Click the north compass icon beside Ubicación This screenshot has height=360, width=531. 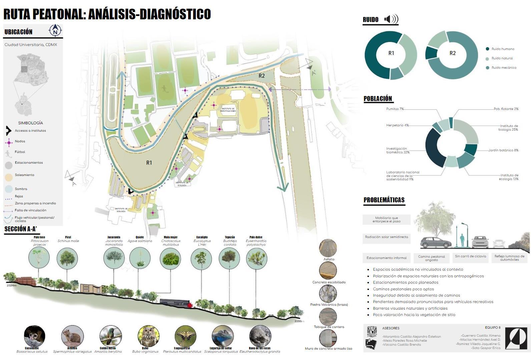[x=55, y=31]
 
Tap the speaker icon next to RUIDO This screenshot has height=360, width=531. [x=391, y=19]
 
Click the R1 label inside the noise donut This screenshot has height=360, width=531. [x=391, y=53]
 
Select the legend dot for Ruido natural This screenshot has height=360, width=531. [x=488, y=59]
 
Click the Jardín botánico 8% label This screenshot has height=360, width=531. [x=503, y=150]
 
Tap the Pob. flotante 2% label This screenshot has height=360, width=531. [x=506, y=109]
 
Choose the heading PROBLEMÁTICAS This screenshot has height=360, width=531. [x=384, y=200]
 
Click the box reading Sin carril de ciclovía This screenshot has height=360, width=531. [x=470, y=256]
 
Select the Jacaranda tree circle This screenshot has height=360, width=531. [x=114, y=258]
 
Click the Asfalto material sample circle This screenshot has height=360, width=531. [x=328, y=248]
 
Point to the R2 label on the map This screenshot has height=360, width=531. [x=261, y=76]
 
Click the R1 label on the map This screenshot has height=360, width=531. [x=149, y=163]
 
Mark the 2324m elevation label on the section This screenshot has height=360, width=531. [x=12, y=285]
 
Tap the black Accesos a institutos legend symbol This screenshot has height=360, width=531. [x=8, y=131]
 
